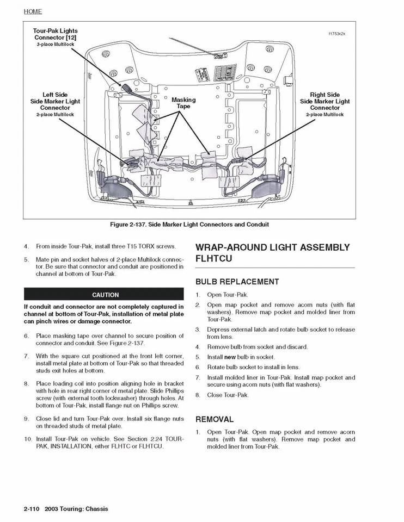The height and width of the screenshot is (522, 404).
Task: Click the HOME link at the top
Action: coord(33,11)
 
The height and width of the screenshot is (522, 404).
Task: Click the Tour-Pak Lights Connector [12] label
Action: coord(56,34)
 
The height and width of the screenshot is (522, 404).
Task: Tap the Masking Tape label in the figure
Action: coord(183,103)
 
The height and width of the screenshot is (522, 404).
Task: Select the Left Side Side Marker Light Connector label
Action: coord(55,101)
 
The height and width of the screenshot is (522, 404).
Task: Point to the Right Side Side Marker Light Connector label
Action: coord(325,101)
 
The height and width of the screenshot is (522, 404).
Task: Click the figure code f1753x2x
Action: coord(336,34)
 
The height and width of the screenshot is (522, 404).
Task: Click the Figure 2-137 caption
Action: coord(189,224)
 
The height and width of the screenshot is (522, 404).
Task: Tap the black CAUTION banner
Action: coord(105,295)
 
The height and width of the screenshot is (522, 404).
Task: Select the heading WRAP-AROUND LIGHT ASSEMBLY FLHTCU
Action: coord(272,253)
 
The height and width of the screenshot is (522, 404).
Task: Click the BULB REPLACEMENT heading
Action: coord(237,282)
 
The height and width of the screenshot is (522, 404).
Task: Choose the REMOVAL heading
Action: coord(215,419)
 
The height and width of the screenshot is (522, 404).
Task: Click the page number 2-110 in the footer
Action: coord(32,509)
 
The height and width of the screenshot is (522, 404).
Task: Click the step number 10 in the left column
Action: coord(27,439)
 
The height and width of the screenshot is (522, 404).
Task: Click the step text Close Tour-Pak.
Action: coord(228,395)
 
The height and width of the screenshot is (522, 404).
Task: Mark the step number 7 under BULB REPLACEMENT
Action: coord(198,377)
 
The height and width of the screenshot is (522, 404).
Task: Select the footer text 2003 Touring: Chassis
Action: coord(76,509)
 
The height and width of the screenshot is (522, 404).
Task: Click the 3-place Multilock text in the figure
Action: coord(56,44)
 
